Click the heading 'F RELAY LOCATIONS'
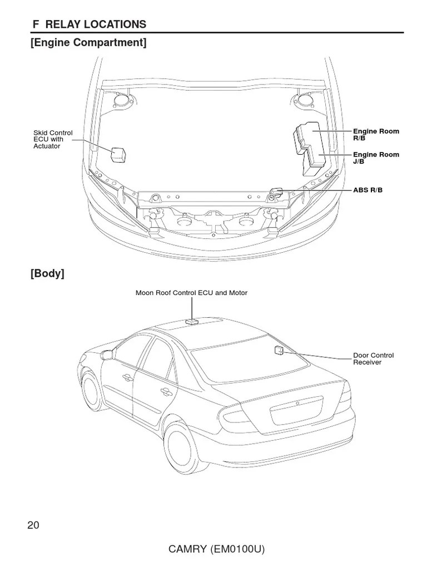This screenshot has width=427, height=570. tap(89, 24)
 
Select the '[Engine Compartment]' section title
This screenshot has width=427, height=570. tap(89, 42)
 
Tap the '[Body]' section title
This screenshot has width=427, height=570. tap(48, 273)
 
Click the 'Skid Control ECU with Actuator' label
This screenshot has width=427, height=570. tap(53, 139)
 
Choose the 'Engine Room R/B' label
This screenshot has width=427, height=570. tap(376, 134)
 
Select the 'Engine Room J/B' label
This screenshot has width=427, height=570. tap(376, 158)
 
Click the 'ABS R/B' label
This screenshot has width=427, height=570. tap(368, 190)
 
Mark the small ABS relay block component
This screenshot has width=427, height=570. tap(276, 191)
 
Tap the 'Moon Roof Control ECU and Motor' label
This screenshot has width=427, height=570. tap(191, 293)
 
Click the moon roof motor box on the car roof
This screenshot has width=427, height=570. tap(192, 321)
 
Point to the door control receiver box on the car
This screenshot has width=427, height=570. tap(279, 350)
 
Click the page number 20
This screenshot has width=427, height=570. tap(33, 525)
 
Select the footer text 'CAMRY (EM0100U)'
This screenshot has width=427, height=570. tap(216, 550)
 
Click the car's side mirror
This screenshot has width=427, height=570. tap(107, 355)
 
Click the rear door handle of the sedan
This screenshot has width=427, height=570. tap(165, 392)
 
